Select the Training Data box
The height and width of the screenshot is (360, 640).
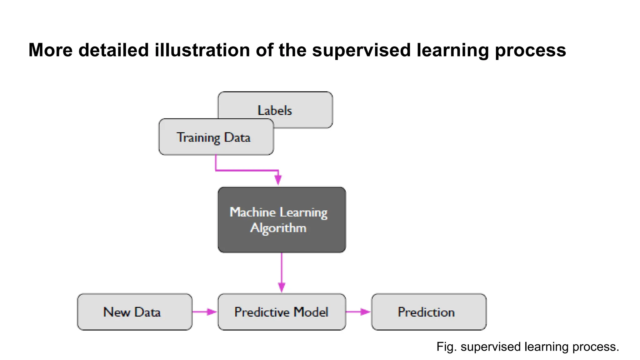pyautogui.click(x=216, y=137)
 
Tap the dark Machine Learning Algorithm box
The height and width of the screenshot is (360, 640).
pyautogui.click(x=282, y=220)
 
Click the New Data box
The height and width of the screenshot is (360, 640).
pyautogui.click(x=134, y=312)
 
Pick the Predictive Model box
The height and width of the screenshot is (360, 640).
pyautogui.click(x=282, y=312)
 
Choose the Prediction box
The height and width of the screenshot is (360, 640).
pyautogui.click(x=428, y=312)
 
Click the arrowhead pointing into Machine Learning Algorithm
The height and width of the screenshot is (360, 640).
pyautogui.click(x=278, y=180)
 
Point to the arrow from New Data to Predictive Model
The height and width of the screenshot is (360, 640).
pyautogui.click(x=204, y=312)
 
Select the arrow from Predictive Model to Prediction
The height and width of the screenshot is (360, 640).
pyautogui.click(x=358, y=312)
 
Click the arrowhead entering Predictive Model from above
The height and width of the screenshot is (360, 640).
pyautogui.click(x=282, y=287)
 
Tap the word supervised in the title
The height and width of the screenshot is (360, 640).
pyautogui.click(x=361, y=50)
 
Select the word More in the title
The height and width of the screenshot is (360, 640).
pyautogui.click(x=50, y=50)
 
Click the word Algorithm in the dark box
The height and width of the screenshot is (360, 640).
pyautogui.click(x=278, y=228)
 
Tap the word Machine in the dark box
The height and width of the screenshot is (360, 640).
pyautogui.click(x=252, y=212)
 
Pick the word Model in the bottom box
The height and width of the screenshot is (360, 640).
pyautogui.click(x=311, y=312)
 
